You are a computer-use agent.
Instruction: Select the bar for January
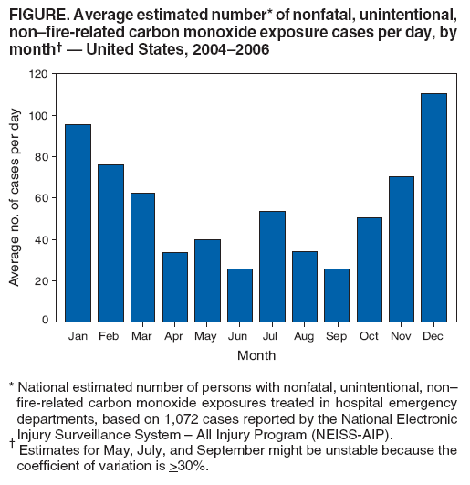pos(78,222)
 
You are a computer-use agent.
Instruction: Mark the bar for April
pos(173,286)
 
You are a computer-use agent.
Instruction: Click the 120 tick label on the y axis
pos(38,73)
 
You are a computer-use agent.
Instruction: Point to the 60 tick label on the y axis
pos(41,197)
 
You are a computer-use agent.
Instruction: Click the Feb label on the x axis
pos(110,336)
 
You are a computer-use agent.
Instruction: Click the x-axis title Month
pos(256,355)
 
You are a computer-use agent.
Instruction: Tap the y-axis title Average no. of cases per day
pos(16,197)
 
